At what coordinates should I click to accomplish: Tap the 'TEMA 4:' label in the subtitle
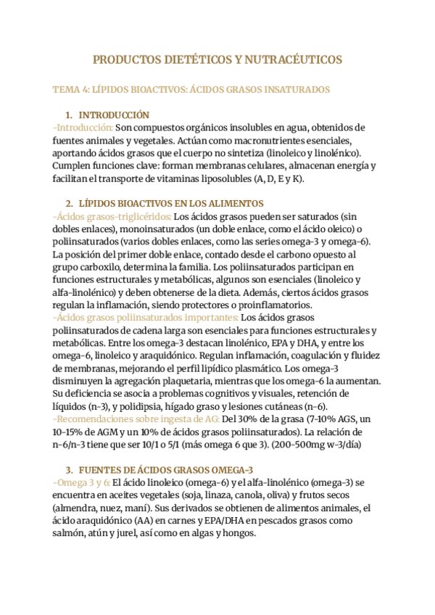tap(70, 89)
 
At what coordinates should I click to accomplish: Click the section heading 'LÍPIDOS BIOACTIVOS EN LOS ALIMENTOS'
tap(170, 203)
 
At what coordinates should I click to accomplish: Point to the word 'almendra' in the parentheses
tap(77, 508)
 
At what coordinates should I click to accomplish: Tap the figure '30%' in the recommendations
tap(251, 419)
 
